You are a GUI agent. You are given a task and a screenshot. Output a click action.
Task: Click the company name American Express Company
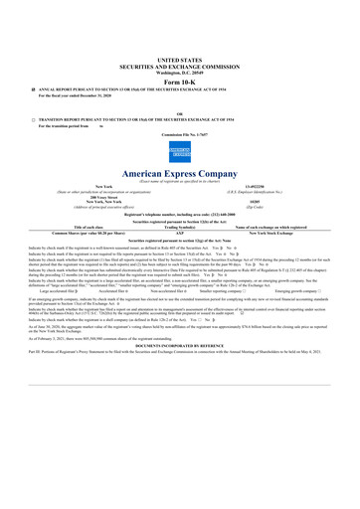pyautogui.click(x=180, y=175)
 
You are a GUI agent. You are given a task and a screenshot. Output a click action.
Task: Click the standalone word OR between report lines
pyautogui.click(x=179, y=112)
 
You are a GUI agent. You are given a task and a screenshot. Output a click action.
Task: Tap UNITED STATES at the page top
pyautogui.click(x=179, y=61)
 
